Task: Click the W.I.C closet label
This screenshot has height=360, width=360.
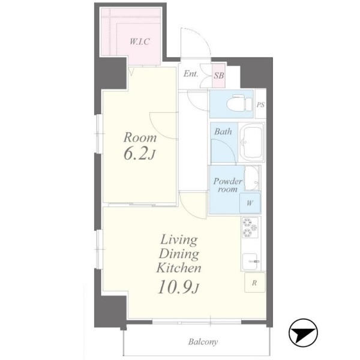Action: [x=140, y=41]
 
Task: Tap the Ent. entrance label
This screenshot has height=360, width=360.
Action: [x=191, y=74]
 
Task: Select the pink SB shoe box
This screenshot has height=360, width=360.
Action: [x=218, y=76]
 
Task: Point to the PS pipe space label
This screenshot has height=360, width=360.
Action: [x=260, y=105]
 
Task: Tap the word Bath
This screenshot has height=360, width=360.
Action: [x=223, y=131]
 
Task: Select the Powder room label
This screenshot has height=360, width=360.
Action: [x=228, y=185]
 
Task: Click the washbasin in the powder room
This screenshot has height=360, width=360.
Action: [x=251, y=178]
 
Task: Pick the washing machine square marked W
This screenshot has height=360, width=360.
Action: [x=250, y=203]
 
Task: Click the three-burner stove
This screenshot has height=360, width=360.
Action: [x=250, y=227]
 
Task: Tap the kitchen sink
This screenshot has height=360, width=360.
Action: [x=250, y=261]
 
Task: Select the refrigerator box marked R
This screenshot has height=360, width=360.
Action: [x=254, y=283]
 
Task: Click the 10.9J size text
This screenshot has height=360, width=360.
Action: [x=178, y=287]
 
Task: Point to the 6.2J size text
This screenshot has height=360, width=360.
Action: [x=139, y=154]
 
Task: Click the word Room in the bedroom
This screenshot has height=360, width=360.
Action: [x=140, y=137]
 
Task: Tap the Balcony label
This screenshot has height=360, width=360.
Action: [x=203, y=342]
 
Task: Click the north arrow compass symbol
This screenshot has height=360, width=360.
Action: [x=303, y=333]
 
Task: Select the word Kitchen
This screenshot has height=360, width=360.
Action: [x=179, y=268]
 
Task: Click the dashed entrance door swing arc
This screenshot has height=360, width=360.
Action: [x=203, y=37]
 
